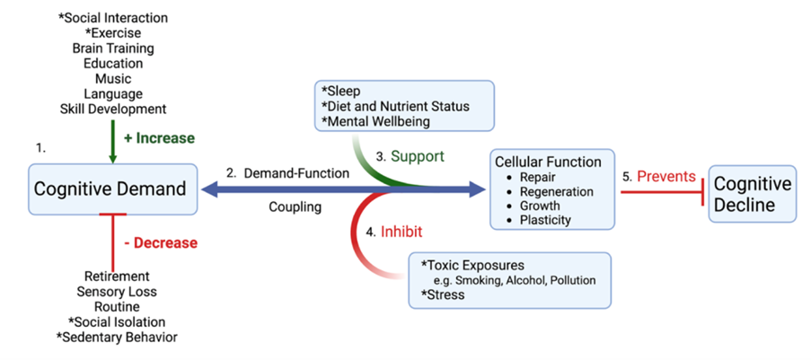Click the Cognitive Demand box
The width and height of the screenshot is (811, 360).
point(113,189)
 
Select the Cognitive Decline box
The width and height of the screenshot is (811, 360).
point(752,194)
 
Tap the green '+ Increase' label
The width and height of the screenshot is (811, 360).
point(160,138)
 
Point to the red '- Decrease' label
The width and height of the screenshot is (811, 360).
point(162,242)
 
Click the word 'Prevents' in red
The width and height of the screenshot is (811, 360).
point(666,176)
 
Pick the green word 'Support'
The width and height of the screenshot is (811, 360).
point(418,155)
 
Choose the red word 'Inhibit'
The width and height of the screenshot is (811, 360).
point(401,232)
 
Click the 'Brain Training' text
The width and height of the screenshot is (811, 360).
point(113,48)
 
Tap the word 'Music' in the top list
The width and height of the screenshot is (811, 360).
point(113,79)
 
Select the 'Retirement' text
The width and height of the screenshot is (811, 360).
point(117,276)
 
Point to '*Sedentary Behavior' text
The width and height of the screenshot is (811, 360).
point(117,338)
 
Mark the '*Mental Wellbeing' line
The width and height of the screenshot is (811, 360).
point(376,121)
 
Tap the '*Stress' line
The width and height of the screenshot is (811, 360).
point(443,295)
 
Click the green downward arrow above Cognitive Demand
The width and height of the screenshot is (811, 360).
point(113,142)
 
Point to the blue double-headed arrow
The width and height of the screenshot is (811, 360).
point(344,190)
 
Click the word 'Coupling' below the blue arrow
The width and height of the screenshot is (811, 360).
point(295,206)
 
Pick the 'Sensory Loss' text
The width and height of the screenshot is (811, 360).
point(117,291)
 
